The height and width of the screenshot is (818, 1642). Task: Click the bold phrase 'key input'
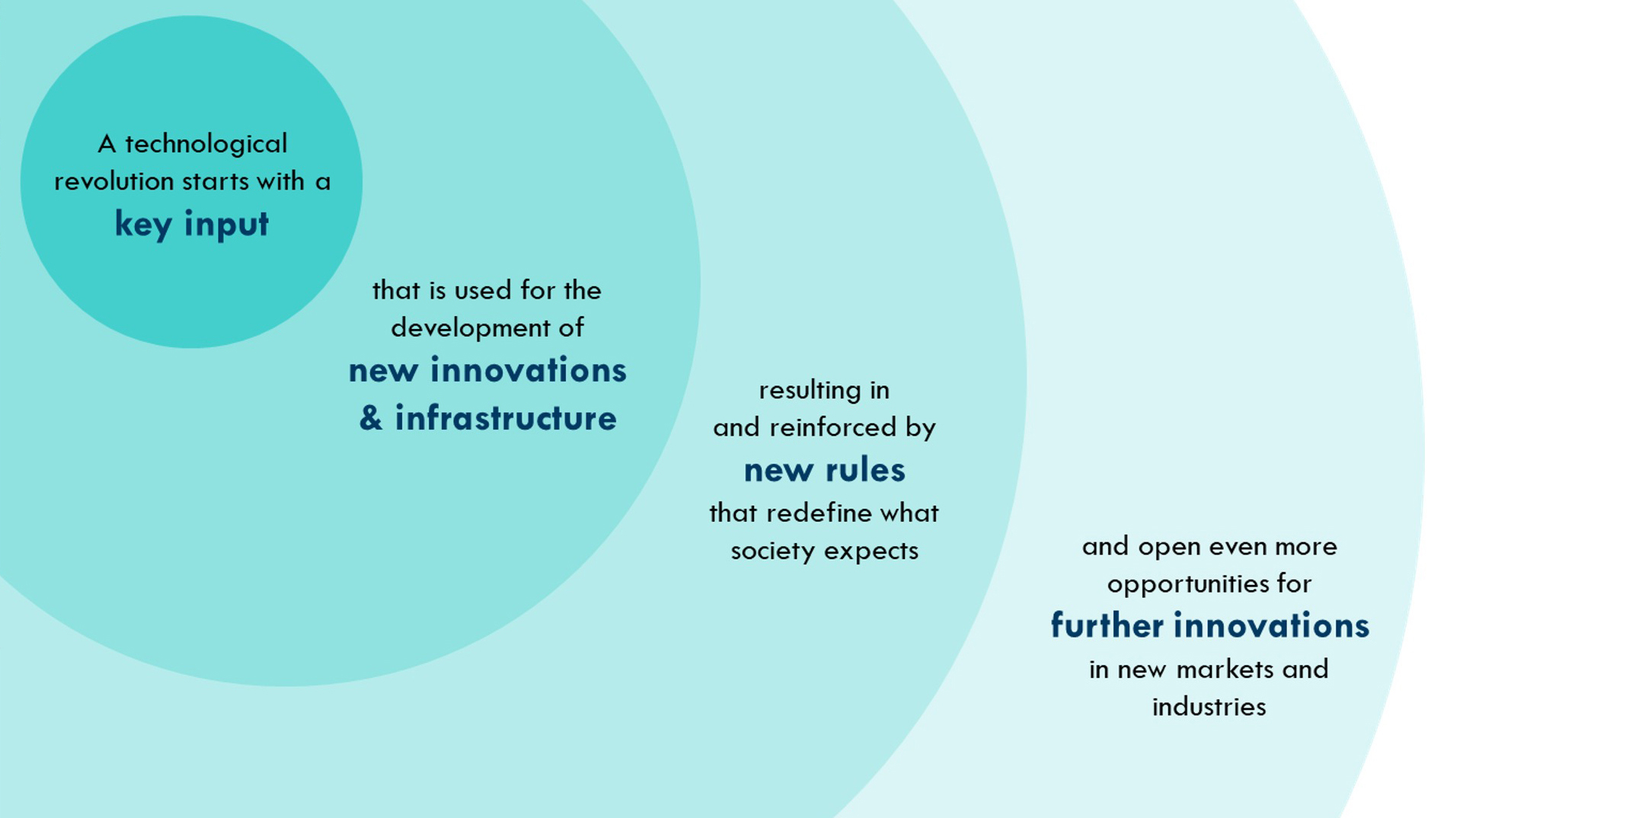coord(192,225)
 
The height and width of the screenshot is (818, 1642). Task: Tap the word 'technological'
coord(206,144)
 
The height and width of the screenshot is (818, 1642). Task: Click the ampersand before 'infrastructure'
coord(371,418)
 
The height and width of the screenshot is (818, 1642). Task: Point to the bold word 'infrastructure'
coord(506,418)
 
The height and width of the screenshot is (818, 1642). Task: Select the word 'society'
coord(773,551)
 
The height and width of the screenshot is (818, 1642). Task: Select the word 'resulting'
coord(808,391)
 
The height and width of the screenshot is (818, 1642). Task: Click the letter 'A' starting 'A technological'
coord(107,144)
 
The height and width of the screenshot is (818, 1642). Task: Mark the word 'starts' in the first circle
coord(216,181)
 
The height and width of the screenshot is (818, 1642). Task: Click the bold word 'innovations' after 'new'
coord(529,371)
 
